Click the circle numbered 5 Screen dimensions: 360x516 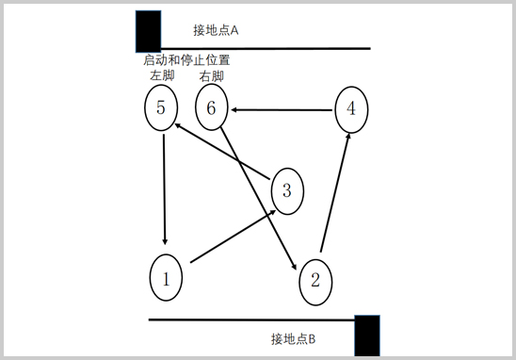coord(162,107)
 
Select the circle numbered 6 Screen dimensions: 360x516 coord(212,108)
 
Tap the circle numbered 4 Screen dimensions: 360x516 coord(351,107)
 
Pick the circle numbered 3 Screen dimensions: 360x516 coord(287,191)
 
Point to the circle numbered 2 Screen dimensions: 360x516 coord(315,279)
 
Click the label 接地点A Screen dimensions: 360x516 coord(217,30)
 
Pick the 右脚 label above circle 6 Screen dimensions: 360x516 coord(212,75)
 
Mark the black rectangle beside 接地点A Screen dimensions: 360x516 coord(148,31)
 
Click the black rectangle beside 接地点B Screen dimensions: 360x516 coord(367,335)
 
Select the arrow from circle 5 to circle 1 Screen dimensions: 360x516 coord(165,188)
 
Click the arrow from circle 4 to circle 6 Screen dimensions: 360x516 coord(282,110)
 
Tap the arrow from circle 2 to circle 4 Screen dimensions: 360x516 coord(336,194)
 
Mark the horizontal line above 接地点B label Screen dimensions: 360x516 coord(250,319)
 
